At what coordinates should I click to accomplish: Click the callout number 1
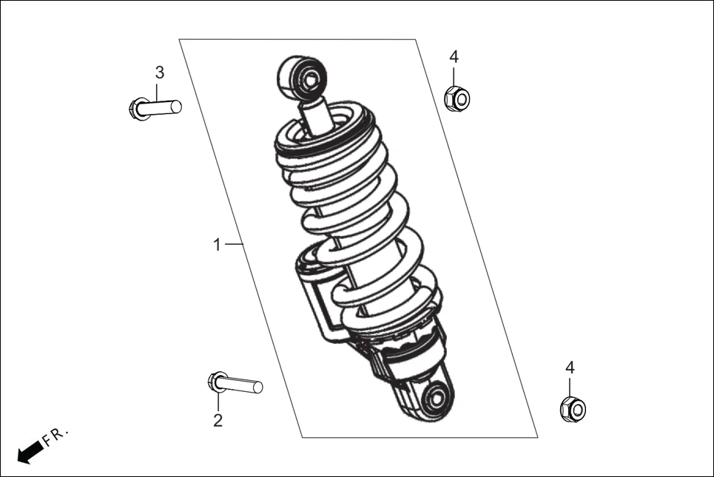point(217,245)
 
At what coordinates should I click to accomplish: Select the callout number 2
point(218,421)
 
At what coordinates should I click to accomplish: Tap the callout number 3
point(159,72)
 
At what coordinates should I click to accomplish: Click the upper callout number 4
point(454,57)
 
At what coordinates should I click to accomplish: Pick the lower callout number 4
point(570,368)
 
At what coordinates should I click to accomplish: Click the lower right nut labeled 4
point(573,409)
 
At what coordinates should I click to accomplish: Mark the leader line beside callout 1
point(234,244)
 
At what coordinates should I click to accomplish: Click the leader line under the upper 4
point(454,75)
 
